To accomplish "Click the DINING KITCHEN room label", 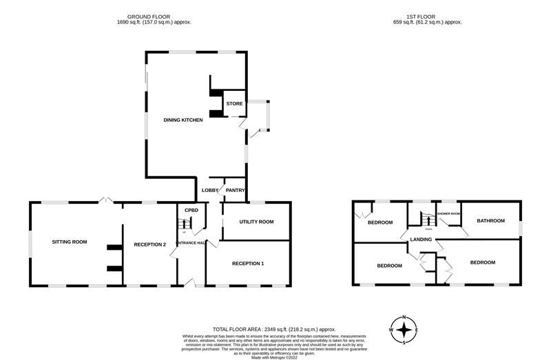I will click(x=183, y=120).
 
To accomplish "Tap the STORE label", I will click(x=234, y=103).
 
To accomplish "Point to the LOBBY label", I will click(x=209, y=190).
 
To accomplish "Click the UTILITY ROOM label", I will click(x=256, y=222).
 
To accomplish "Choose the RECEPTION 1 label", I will click(x=248, y=264).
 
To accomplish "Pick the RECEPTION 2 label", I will click(x=150, y=244).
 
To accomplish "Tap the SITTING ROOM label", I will click(x=70, y=242).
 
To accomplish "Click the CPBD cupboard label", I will click(x=191, y=211).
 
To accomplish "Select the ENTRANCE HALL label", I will click(x=191, y=242).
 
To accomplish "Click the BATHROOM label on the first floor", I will click(x=491, y=221).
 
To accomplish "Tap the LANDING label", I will click(x=421, y=240).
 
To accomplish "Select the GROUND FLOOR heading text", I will click(x=149, y=16).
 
